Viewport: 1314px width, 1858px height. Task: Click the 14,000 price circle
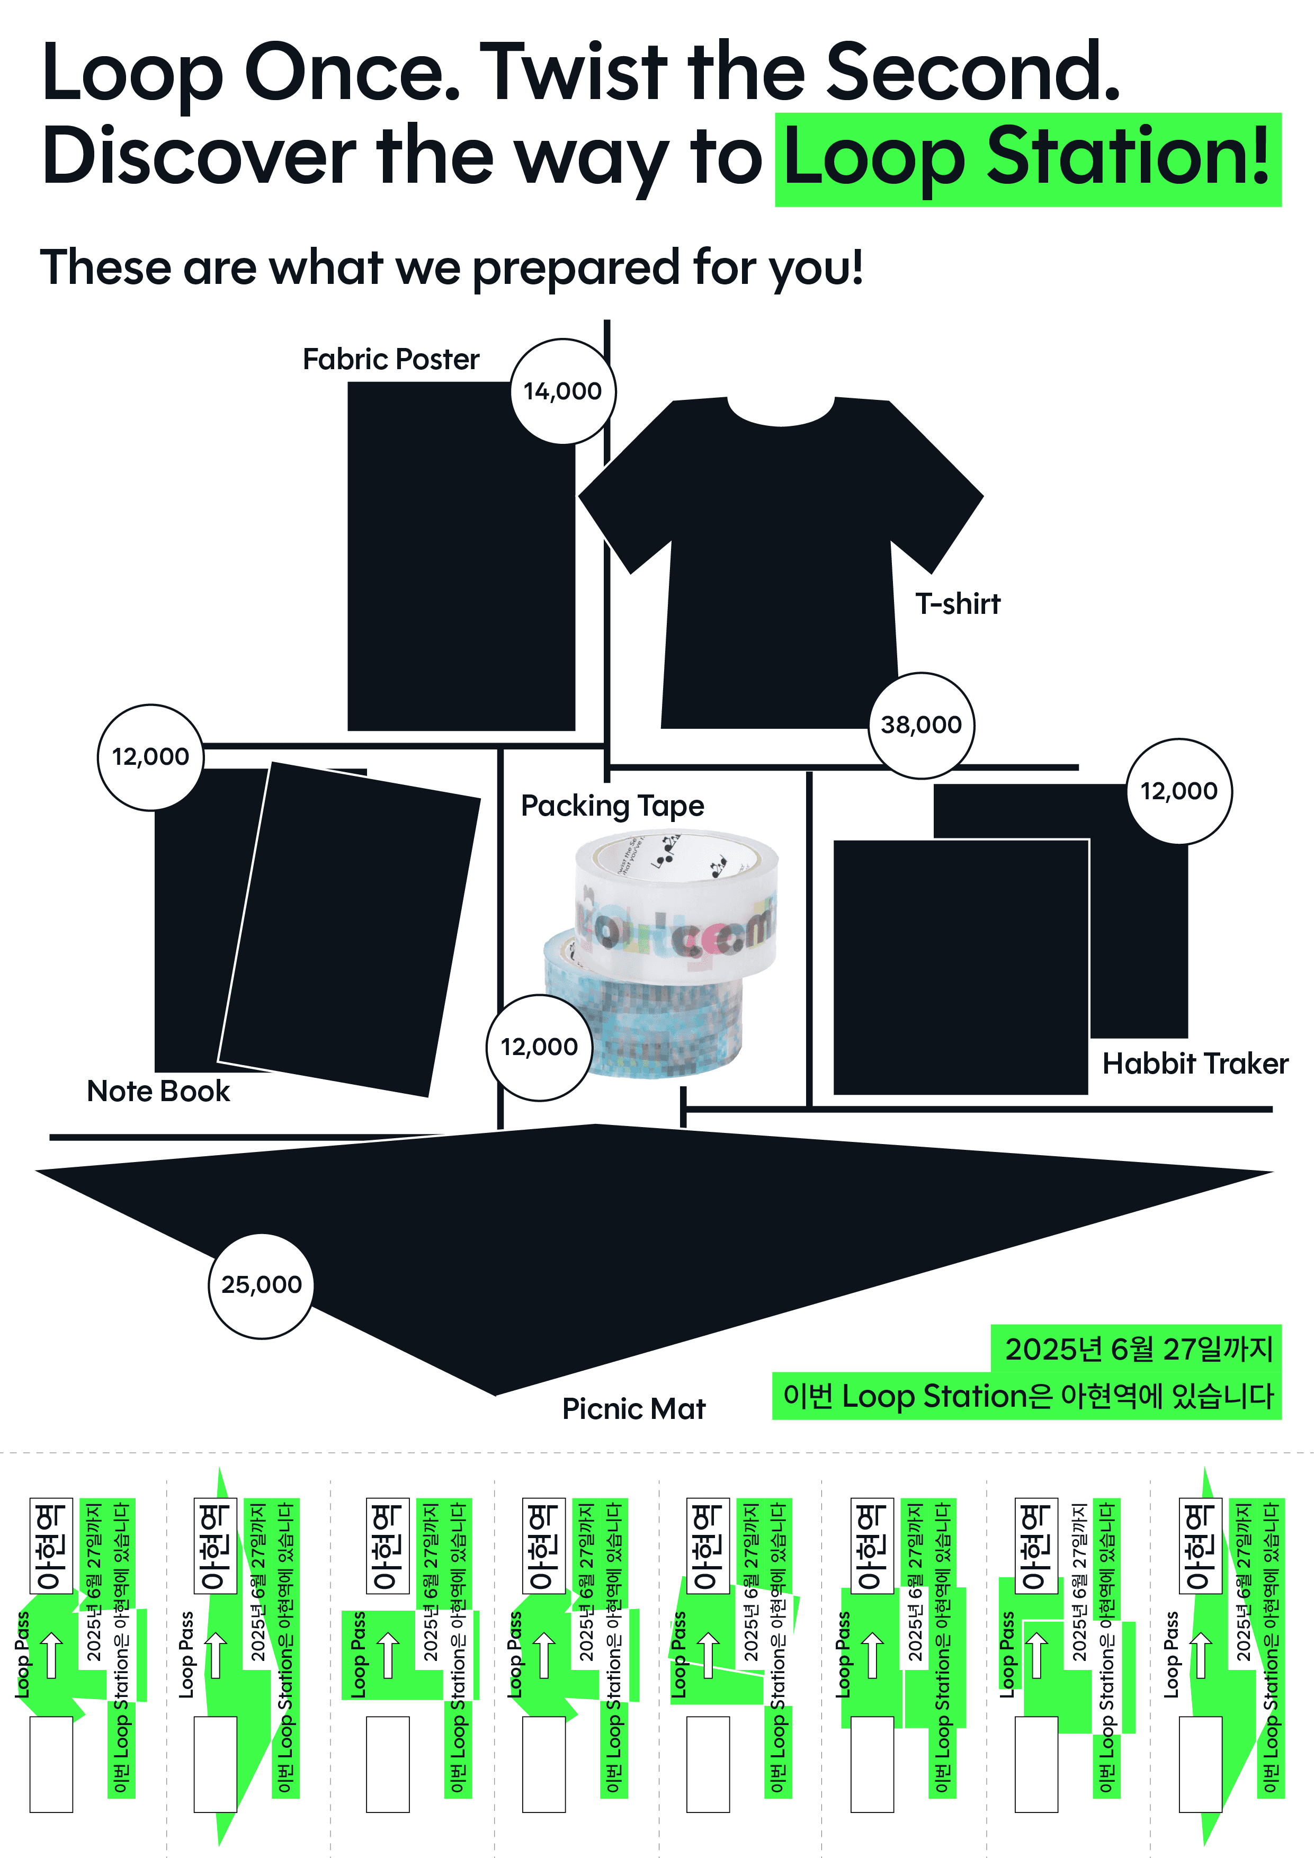562,391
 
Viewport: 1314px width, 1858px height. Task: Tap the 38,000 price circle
921,725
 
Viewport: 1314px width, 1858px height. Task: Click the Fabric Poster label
391,359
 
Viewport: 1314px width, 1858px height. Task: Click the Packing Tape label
612,806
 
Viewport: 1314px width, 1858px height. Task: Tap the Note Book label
158,1091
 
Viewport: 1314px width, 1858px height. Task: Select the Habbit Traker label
1194,1064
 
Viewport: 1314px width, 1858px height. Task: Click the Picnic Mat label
633,1409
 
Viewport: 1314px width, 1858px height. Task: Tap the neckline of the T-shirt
781,413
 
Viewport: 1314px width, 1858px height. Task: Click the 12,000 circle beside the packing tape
539,1047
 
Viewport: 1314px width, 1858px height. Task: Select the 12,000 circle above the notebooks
150,757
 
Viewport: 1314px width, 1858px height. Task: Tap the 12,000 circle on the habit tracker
1179,791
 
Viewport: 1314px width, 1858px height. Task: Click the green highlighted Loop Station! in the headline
1027,158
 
